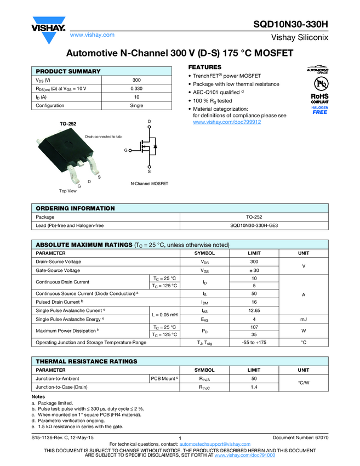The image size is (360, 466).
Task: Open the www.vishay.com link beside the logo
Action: pos(92,35)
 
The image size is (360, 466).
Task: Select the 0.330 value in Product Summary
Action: pos(136,88)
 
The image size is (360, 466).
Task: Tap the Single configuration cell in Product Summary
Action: pos(136,105)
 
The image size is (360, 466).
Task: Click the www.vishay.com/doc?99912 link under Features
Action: pos(227,122)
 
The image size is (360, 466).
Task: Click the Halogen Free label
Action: pos(319,110)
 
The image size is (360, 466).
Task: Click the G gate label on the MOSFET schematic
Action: pos(125,150)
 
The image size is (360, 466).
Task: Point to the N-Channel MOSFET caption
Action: pos(149,183)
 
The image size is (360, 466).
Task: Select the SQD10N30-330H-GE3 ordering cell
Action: pos(254,225)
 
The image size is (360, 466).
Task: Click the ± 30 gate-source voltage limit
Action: pos(254,270)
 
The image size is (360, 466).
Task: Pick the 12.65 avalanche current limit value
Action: pos(254,310)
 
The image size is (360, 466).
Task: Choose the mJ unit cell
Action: pos(303,319)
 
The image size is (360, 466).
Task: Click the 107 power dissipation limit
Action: pos(254,327)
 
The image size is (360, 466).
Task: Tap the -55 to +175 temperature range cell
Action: pos(254,342)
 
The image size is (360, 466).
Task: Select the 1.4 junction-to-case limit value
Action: pos(254,387)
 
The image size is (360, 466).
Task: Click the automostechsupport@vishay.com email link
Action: pos(214,444)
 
